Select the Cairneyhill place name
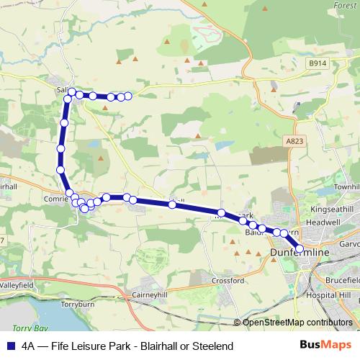pos(150,294)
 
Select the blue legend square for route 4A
pos(9,346)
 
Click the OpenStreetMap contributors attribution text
pos(297,323)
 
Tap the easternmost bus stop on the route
pos(300,249)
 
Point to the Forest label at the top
pos(345,5)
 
